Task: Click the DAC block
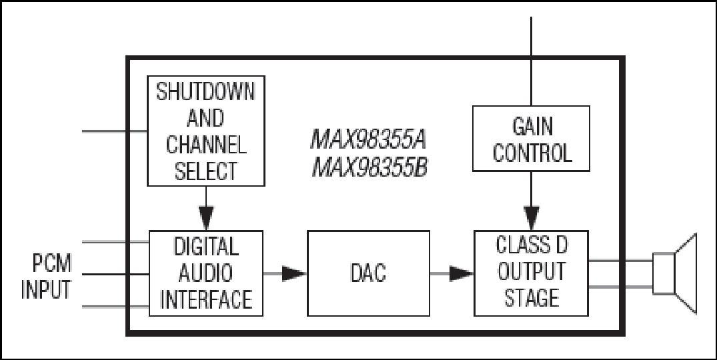tap(368, 273)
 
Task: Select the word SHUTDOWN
tap(205, 92)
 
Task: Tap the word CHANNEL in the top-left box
tap(206, 145)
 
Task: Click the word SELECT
tap(206, 171)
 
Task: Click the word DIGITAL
tap(206, 247)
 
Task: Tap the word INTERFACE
tap(206, 299)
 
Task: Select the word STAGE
tap(532, 297)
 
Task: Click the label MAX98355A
tap(369, 139)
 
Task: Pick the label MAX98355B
tap(370, 168)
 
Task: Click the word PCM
tap(52, 263)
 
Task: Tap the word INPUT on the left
tap(46, 289)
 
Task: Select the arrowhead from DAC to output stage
tap(461, 273)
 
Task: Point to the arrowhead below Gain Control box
tap(532, 219)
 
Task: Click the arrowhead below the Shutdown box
tap(206, 219)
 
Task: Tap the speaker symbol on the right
tap(674, 273)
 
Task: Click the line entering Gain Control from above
tap(531, 61)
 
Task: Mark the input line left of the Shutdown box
tap(115, 131)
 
